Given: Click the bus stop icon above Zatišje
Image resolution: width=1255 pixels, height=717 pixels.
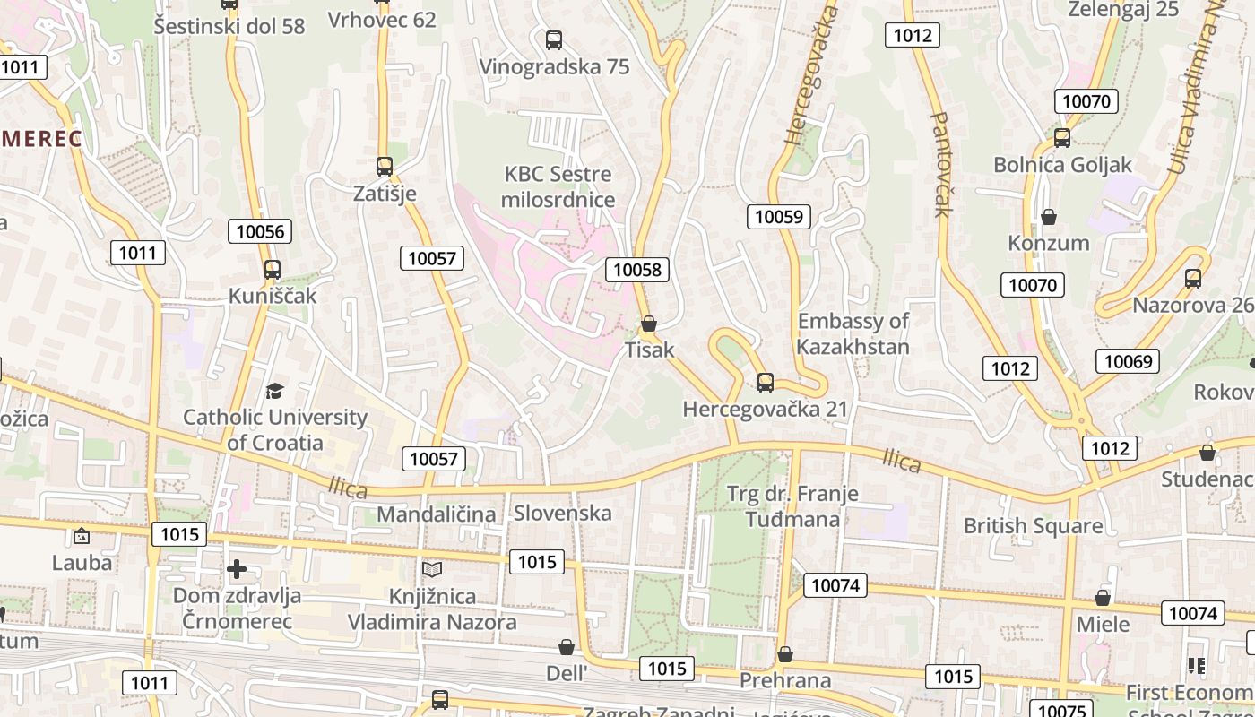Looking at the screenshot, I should [385, 166].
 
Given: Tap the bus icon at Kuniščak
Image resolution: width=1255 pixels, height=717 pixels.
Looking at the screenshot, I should [273, 269].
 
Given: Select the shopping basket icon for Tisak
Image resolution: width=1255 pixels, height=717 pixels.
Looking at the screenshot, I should [649, 323].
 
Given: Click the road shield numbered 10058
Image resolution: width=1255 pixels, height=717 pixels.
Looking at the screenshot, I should [637, 269].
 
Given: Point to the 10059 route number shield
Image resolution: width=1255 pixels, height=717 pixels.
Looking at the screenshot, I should [779, 216].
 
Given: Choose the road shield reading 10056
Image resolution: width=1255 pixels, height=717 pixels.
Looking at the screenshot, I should [260, 231].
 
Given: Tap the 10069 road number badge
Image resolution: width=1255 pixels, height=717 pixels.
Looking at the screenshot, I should [1127, 361].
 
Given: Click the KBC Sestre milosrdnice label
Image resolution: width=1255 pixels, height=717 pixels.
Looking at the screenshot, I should [558, 186].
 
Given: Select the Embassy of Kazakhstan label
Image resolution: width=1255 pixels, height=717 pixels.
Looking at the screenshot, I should [853, 333].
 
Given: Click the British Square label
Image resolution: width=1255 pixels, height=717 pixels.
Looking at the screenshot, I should [1033, 526].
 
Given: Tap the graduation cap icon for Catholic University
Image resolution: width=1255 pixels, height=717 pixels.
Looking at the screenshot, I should [274, 391].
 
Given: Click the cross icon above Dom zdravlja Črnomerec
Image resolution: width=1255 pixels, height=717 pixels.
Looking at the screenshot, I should [237, 569].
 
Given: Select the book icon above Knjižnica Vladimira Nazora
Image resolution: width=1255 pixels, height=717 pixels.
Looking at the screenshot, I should [432, 569].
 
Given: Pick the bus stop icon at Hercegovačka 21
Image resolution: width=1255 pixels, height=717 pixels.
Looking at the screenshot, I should [765, 383].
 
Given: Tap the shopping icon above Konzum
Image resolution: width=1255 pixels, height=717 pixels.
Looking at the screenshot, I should [1048, 217].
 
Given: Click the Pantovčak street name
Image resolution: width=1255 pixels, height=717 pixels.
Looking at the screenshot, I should [940, 164].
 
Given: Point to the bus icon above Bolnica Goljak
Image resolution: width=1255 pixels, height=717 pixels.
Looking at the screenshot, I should [1062, 138].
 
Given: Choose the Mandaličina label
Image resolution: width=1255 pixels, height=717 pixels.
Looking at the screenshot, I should [436, 514].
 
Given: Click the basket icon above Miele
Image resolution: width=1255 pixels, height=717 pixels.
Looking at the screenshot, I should [1103, 598].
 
